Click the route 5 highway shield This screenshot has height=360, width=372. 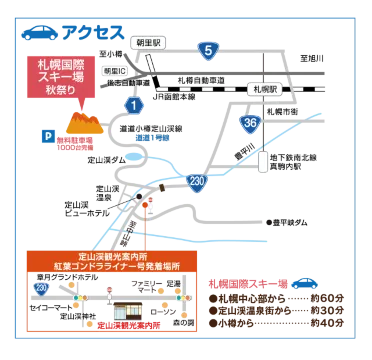pos(207,50)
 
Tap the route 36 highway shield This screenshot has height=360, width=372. pos(249,122)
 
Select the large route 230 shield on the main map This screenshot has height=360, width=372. pos(196,180)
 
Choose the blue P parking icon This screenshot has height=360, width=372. pos(45,134)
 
